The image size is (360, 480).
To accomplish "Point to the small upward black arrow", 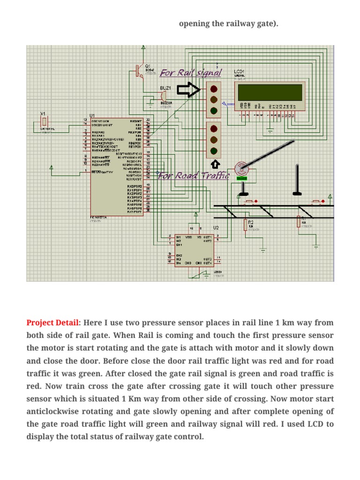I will [x=215, y=164].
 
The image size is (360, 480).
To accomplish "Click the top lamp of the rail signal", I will [x=214, y=89].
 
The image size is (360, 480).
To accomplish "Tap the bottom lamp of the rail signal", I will [x=214, y=111].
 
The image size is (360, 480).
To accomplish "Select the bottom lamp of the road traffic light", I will [x=214, y=150].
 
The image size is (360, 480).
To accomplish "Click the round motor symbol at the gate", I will [x=240, y=168].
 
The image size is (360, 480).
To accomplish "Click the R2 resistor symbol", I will [x=245, y=225].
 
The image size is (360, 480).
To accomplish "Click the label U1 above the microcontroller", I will [x=92, y=115].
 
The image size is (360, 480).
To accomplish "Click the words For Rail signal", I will [x=191, y=73].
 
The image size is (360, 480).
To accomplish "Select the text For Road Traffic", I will [x=194, y=176].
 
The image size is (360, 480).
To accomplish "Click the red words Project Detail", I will [x=53, y=323].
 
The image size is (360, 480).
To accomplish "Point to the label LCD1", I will [x=240, y=72].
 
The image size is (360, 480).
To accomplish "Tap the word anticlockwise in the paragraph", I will [x=50, y=412].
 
